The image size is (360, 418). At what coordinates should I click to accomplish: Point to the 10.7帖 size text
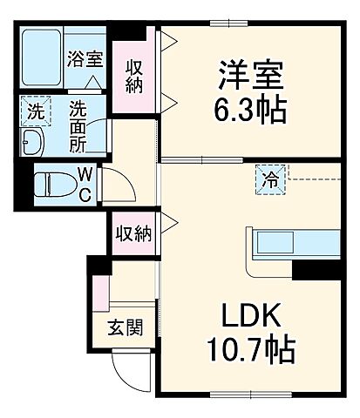250,351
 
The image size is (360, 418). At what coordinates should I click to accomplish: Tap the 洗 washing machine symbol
35,111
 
